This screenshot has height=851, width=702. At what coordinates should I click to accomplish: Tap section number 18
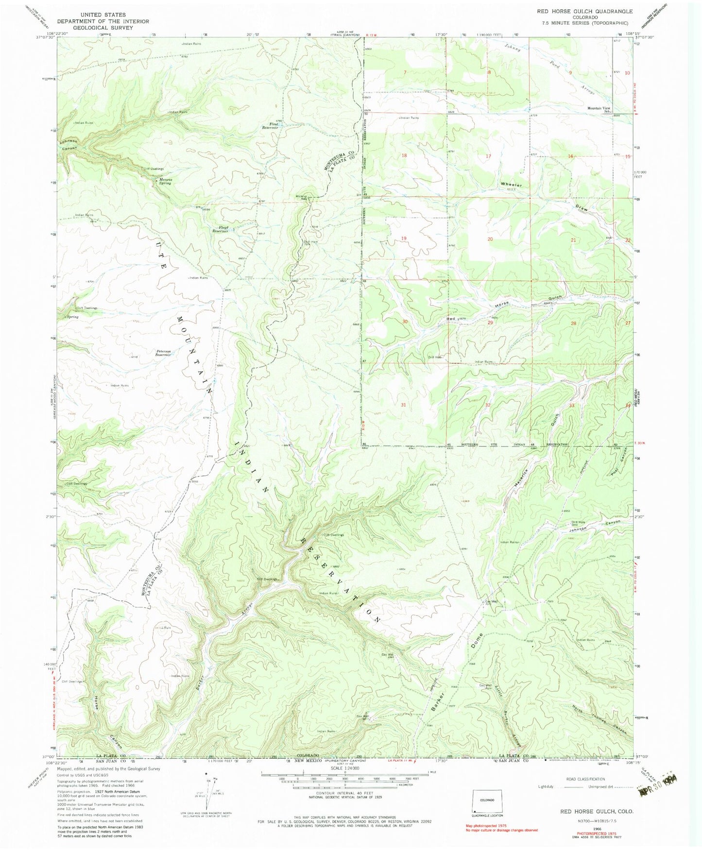tap(404, 155)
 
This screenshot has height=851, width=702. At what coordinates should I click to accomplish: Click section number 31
tap(403, 404)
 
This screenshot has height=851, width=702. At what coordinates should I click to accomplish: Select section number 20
tap(490, 239)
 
